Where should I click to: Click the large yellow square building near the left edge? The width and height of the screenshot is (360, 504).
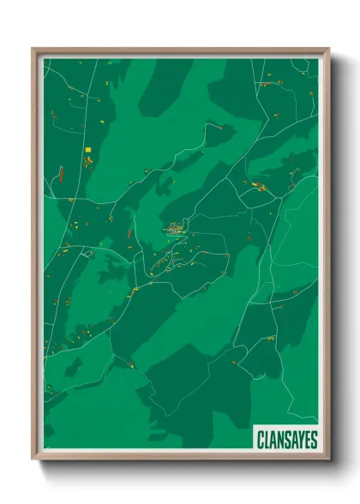coord(87,150)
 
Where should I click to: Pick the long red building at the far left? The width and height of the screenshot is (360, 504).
coord(61,174)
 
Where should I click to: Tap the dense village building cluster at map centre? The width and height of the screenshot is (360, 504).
coord(176,229)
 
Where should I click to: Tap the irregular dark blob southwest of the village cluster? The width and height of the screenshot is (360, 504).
coord(113,273)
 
